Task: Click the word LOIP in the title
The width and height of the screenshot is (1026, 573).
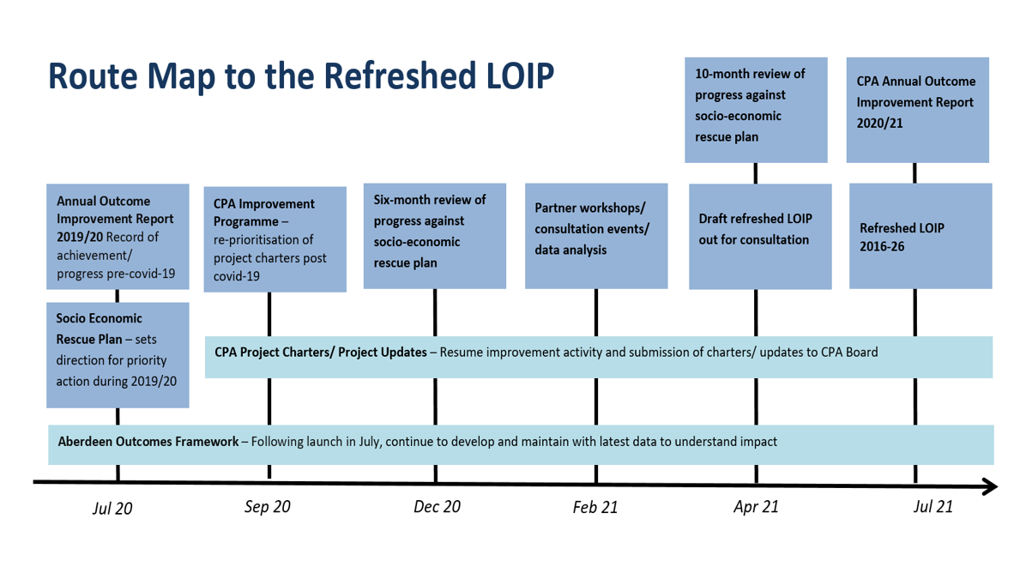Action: tap(520, 75)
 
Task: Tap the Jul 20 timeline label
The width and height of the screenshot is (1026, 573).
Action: tap(112, 509)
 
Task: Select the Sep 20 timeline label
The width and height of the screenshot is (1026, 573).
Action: tap(267, 507)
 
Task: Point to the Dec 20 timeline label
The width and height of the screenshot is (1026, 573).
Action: tap(438, 507)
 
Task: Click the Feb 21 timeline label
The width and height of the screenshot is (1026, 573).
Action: tap(594, 507)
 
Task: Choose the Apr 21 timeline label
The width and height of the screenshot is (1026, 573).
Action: tap(756, 507)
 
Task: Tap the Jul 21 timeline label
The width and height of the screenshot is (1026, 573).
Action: tap(933, 506)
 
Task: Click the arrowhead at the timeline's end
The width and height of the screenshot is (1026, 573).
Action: tap(991, 486)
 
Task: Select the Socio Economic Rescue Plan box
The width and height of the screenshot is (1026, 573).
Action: tap(118, 355)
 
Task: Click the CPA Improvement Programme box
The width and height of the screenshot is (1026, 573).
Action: tap(275, 239)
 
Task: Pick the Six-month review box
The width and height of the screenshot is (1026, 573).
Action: tap(435, 236)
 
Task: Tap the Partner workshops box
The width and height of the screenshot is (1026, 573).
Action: tap(596, 236)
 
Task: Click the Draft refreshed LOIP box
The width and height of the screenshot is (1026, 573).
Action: tap(760, 236)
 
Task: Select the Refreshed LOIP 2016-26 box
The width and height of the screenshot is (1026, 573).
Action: tap(920, 236)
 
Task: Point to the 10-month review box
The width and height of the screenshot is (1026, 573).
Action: tap(756, 110)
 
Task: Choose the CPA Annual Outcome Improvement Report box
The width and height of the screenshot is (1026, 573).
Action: tap(917, 110)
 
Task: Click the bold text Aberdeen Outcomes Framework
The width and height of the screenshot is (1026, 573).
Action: tap(148, 442)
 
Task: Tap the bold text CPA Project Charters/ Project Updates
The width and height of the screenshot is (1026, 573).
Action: tap(321, 352)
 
